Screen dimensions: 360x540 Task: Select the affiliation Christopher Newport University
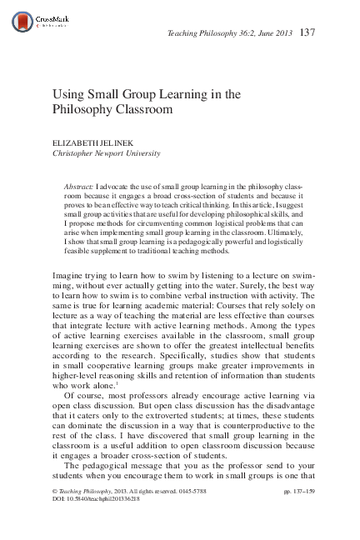pyautogui.click(x=107, y=154)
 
